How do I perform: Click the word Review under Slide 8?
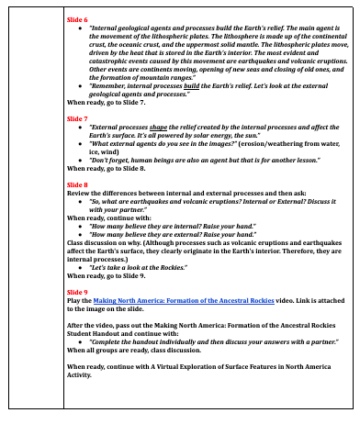(80, 193)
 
